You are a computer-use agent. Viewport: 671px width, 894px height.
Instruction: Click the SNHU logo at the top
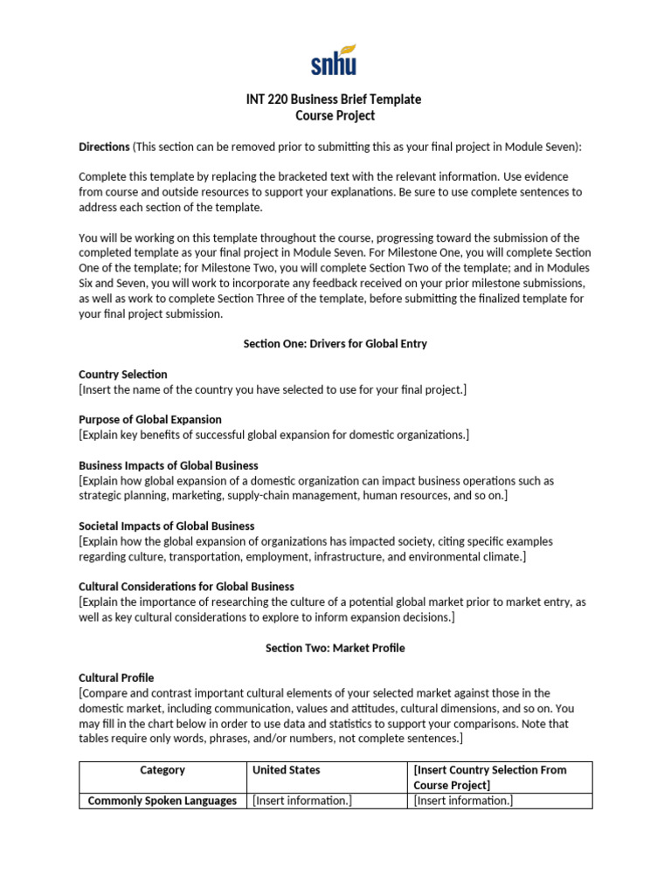click(x=334, y=59)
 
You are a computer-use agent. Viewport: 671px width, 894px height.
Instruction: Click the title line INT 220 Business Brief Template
click(x=334, y=100)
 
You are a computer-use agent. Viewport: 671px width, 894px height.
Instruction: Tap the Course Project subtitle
click(x=334, y=115)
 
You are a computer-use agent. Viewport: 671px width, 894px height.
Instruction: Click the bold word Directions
click(x=104, y=147)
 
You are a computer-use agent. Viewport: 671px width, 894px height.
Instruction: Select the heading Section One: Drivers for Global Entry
click(x=335, y=344)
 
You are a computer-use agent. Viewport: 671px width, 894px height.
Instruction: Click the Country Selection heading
click(x=122, y=375)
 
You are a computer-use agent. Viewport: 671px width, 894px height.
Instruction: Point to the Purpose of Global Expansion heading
click(x=150, y=420)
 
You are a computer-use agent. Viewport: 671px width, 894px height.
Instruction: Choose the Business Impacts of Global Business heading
click(x=169, y=465)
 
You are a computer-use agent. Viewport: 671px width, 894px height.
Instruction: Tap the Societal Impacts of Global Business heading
click(x=166, y=526)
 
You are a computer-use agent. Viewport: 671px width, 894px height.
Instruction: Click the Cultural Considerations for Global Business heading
click(x=186, y=587)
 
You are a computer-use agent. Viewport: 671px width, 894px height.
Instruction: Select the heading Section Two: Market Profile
click(x=335, y=648)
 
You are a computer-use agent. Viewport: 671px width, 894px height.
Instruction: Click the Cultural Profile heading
click(x=116, y=677)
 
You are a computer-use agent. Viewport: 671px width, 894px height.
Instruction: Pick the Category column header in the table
click(x=163, y=770)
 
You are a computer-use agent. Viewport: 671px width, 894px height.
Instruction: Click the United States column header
click(x=286, y=770)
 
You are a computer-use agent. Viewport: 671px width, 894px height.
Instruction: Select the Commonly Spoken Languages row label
click(x=163, y=801)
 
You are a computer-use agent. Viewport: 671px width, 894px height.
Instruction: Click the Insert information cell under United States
click(x=302, y=801)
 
